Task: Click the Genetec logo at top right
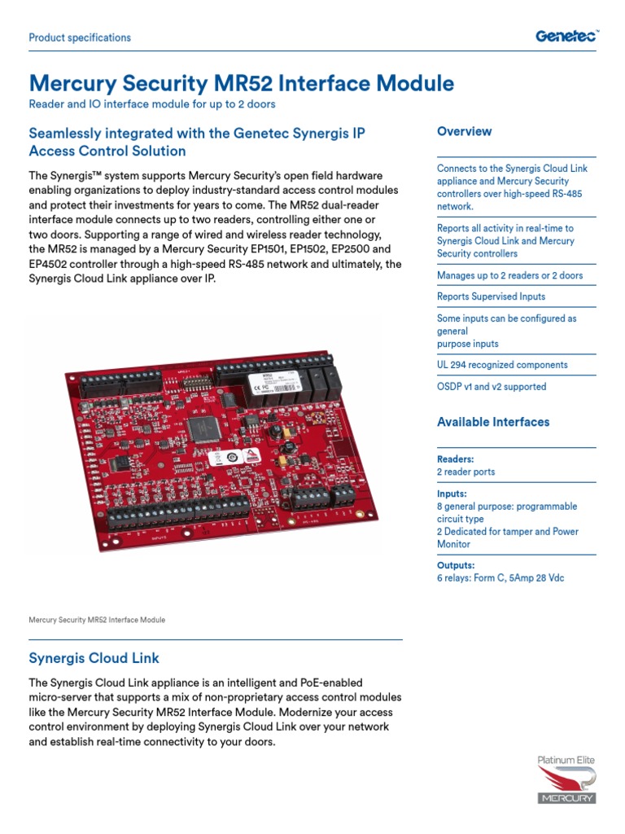click(566, 36)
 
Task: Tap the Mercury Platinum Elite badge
click(566, 780)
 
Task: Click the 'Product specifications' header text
click(80, 37)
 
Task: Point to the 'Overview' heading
click(464, 131)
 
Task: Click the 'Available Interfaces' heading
click(492, 422)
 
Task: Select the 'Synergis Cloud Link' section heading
click(94, 658)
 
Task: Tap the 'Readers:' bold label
click(455, 459)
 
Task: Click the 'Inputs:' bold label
click(452, 494)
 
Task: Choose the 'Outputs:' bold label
click(456, 565)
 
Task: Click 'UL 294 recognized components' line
click(502, 365)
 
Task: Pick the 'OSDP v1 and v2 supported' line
click(492, 387)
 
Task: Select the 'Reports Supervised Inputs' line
click(491, 296)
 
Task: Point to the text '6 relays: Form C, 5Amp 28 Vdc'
click(500, 578)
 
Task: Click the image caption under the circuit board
click(97, 620)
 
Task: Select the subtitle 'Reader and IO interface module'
click(151, 104)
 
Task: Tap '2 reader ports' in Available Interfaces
click(465, 472)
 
